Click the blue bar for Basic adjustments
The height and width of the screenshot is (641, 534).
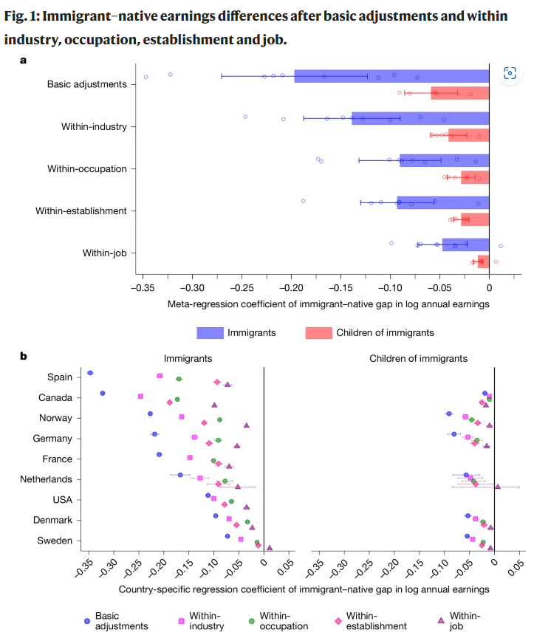[x=391, y=76]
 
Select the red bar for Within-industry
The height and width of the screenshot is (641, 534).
[x=479, y=134]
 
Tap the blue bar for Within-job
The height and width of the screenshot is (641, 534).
[x=465, y=244]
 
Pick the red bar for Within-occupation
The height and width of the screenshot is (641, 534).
[x=475, y=177]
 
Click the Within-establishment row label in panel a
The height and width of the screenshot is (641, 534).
[x=81, y=211]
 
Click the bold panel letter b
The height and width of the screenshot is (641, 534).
[x=24, y=356]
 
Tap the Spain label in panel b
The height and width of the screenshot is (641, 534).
[x=60, y=377]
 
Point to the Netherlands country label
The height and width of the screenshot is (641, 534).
[x=46, y=479]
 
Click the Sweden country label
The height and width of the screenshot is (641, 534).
[x=55, y=541]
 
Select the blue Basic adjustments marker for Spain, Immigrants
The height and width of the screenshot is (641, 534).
[x=90, y=373]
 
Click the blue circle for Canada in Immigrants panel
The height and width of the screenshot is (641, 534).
[x=103, y=394]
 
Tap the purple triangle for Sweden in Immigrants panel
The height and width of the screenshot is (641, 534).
[x=270, y=548]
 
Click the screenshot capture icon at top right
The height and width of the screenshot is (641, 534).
[x=510, y=72]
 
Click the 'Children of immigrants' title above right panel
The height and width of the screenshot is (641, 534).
[x=418, y=358]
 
